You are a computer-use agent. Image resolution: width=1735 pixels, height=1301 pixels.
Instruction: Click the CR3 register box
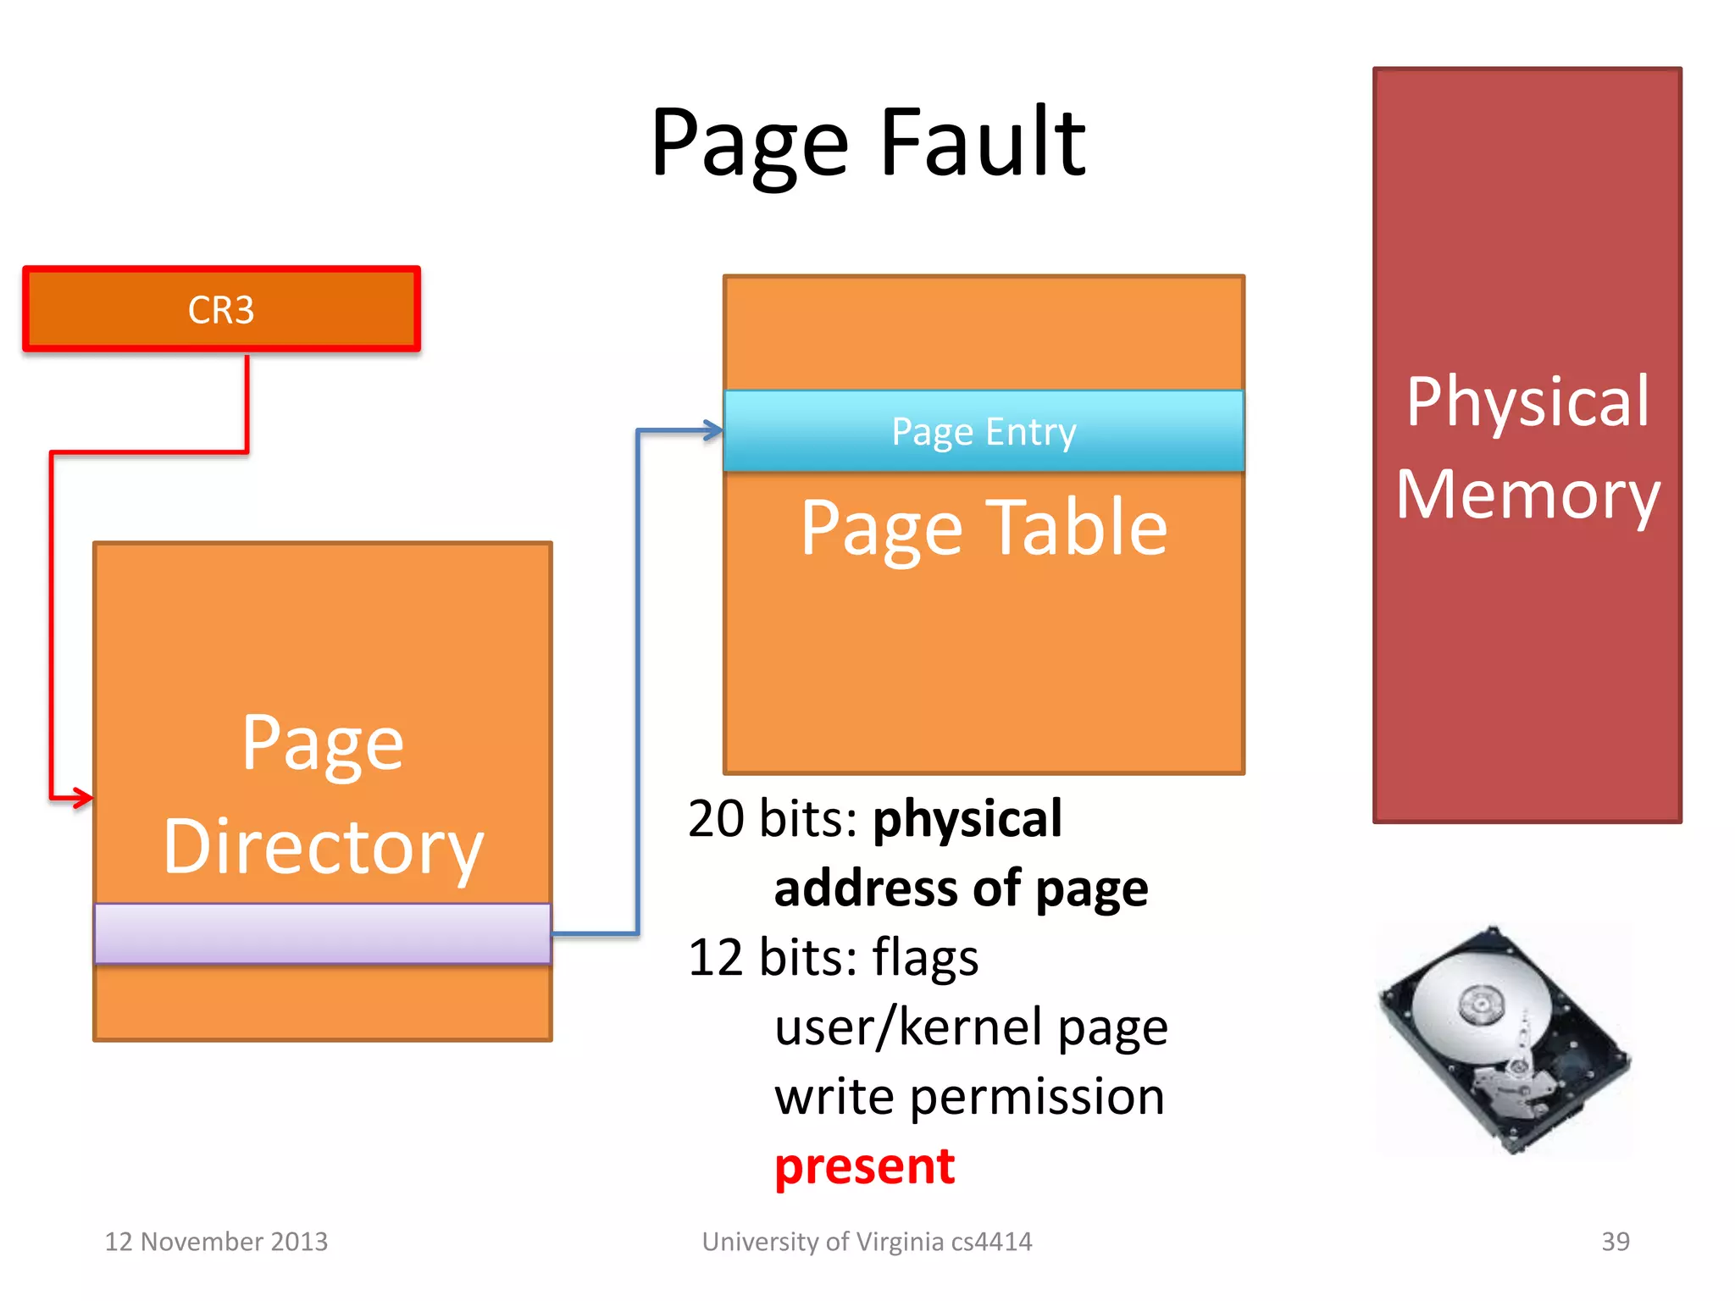221,309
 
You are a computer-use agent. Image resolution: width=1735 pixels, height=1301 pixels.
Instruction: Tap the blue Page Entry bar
983,431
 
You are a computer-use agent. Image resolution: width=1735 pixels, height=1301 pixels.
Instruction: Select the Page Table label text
984,528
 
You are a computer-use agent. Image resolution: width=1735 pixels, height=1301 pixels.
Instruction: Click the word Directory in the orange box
323,847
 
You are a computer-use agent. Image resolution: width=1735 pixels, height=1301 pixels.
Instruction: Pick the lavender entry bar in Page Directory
322,933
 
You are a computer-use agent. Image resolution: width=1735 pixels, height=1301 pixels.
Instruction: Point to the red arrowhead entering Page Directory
83,797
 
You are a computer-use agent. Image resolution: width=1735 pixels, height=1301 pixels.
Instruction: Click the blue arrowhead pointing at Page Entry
713,430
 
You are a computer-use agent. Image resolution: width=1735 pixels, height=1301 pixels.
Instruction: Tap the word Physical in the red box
1527,401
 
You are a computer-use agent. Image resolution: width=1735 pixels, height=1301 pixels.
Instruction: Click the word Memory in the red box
1527,495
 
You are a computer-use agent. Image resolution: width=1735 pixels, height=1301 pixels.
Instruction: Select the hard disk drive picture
1504,1040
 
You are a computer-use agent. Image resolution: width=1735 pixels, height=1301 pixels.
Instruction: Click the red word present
864,1167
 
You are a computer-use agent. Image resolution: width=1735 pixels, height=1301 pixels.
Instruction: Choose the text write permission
969,1097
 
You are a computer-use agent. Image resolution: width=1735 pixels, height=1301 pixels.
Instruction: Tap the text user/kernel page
971,1027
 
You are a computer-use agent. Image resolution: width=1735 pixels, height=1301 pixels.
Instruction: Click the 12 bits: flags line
833,958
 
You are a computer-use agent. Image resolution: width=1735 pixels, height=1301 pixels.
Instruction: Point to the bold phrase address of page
961,889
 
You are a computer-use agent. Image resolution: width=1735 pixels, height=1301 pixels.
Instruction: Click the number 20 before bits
716,819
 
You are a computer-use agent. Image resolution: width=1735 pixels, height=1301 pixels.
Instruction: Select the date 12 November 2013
216,1242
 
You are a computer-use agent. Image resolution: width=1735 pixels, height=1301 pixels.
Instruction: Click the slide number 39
1615,1242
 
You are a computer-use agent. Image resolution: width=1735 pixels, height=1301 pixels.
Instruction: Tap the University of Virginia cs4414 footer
867,1242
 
